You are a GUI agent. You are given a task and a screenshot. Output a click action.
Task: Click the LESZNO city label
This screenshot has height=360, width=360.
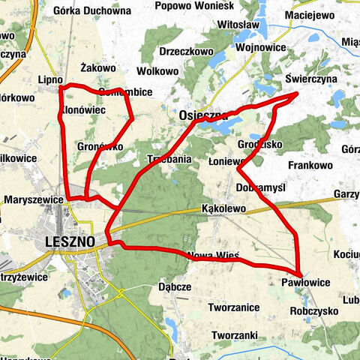(x=70, y=242)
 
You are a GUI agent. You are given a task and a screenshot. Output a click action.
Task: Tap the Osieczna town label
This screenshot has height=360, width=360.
(x=203, y=115)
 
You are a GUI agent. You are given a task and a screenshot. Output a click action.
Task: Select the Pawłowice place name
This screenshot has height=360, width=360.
(x=307, y=282)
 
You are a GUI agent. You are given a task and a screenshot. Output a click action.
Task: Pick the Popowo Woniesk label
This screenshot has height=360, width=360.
(x=194, y=6)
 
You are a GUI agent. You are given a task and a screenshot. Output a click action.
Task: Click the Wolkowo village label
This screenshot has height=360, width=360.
(x=157, y=71)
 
